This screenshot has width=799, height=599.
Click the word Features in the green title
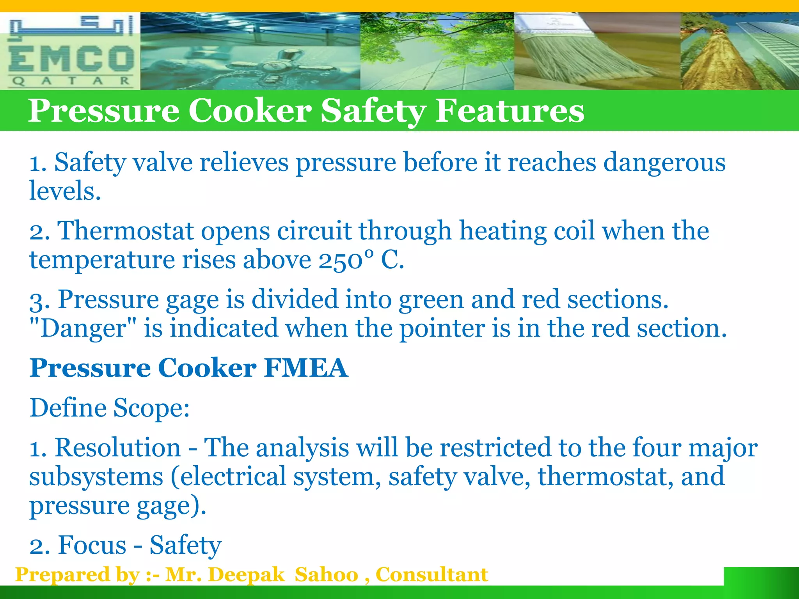pos(510,111)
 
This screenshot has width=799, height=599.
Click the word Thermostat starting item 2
pos(126,231)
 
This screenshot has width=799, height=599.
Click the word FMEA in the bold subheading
pos(305,368)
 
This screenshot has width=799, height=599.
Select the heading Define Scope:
pos(110,408)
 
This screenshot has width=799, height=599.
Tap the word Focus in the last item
pos(92,545)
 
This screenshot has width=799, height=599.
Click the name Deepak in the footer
pos(247,575)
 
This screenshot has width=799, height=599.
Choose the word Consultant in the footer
pos(431,575)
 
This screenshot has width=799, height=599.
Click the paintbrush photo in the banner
pos(597,51)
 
